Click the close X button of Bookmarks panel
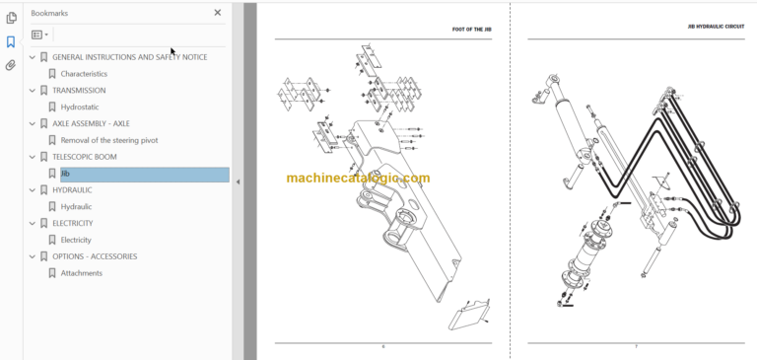coord(218,13)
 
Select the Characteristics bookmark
coord(84,74)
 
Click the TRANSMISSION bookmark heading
coord(79,91)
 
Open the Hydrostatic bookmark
coord(80,107)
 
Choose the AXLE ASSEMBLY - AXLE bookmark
coord(91,123)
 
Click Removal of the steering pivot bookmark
coord(108,140)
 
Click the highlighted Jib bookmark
coord(65,174)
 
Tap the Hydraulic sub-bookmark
coord(76,207)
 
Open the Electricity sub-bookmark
coord(76,240)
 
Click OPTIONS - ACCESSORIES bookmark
coord(95,256)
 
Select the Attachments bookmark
coord(81,273)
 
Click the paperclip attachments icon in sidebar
coord(11,65)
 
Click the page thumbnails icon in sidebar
coord(11,18)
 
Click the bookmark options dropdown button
coord(39,35)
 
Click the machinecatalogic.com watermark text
coord(358,179)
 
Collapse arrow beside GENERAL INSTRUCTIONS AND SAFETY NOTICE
coord(32,57)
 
